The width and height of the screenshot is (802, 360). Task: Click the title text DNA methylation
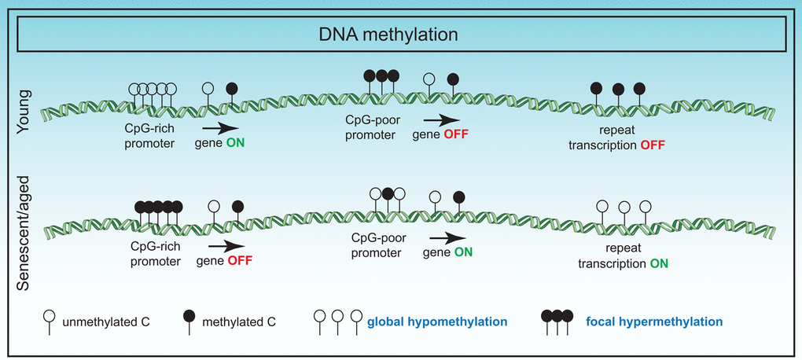(x=400, y=35)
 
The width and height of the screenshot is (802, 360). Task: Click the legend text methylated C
(x=240, y=321)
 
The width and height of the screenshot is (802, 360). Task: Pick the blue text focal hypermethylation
(x=654, y=321)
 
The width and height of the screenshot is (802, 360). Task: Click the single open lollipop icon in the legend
(x=48, y=321)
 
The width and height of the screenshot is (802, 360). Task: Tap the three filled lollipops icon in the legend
(x=557, y=321)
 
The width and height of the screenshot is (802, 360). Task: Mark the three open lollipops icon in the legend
(x=338, y=321)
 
